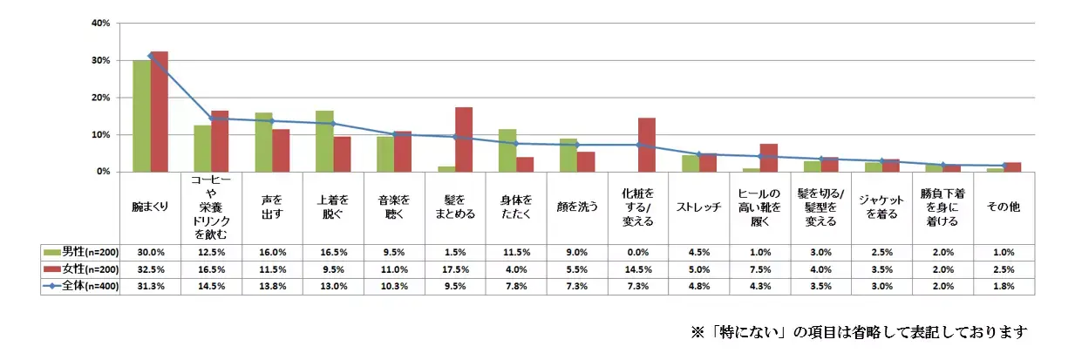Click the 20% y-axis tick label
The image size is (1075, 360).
pos(100,98)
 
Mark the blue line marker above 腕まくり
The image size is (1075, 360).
pos(151,56)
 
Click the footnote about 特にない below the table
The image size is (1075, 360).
pos(860,332)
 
